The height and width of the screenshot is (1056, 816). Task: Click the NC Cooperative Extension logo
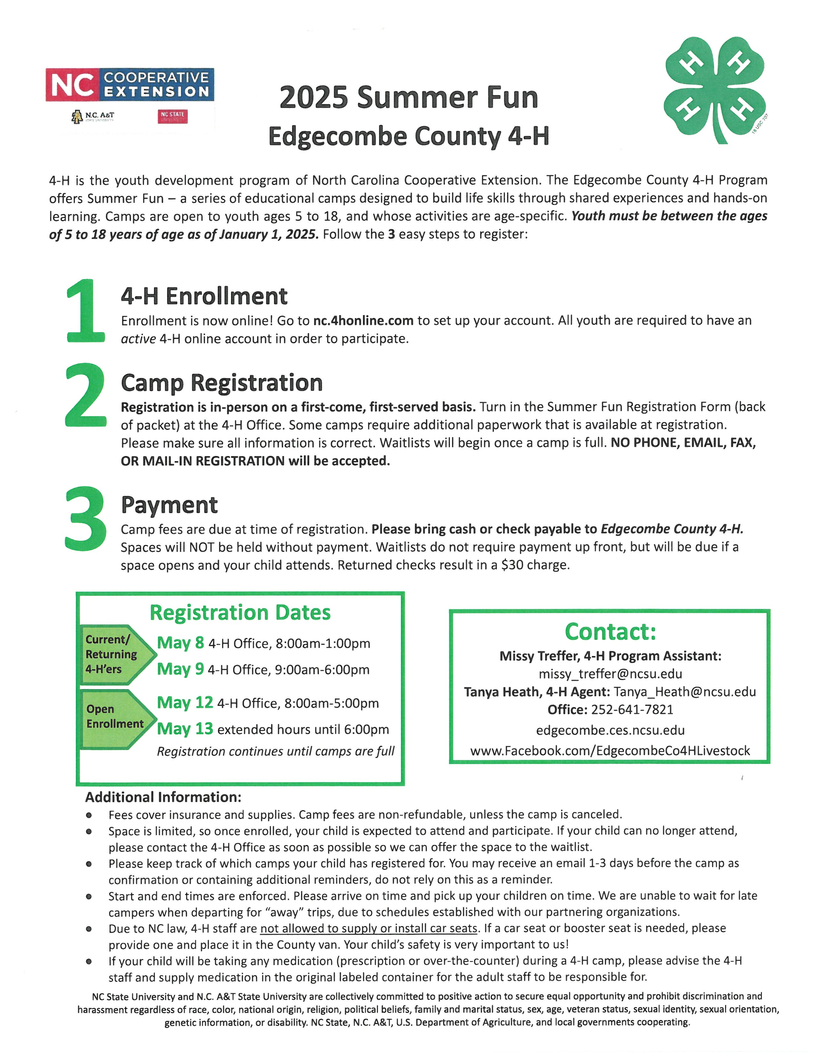[x=130, y=84]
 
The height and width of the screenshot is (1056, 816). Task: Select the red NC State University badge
[x=172, y=116]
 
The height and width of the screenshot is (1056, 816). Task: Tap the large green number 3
[x=85, y=518]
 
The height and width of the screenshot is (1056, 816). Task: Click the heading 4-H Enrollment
[x=204, y=296]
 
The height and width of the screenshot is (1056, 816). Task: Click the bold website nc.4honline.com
[x=363, y=321]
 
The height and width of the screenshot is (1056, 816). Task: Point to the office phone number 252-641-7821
[x=632, y=709]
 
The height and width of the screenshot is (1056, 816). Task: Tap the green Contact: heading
[x=610, y=631]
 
